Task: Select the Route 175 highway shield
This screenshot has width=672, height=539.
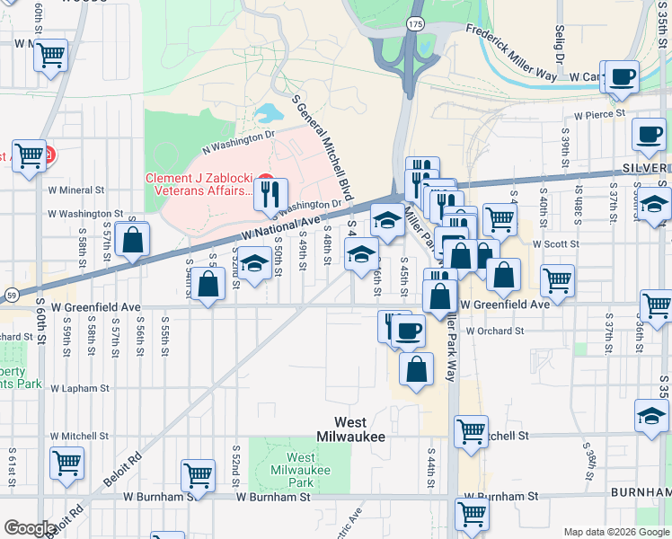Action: (414, 24)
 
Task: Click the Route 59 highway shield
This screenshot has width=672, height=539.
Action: (11, 294)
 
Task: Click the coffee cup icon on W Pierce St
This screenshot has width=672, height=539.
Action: (649, 135)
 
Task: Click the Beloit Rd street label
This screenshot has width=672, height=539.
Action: (122, 468)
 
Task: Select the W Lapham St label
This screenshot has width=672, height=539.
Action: (80, 389)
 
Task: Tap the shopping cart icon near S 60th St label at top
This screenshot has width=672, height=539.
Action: (51, 55)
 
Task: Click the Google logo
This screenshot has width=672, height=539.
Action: (30, 528)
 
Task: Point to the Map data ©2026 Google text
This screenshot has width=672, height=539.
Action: (615, 532)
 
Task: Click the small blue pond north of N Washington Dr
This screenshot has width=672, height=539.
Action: (267, 114)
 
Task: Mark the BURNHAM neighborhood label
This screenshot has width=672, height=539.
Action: (641, 493)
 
